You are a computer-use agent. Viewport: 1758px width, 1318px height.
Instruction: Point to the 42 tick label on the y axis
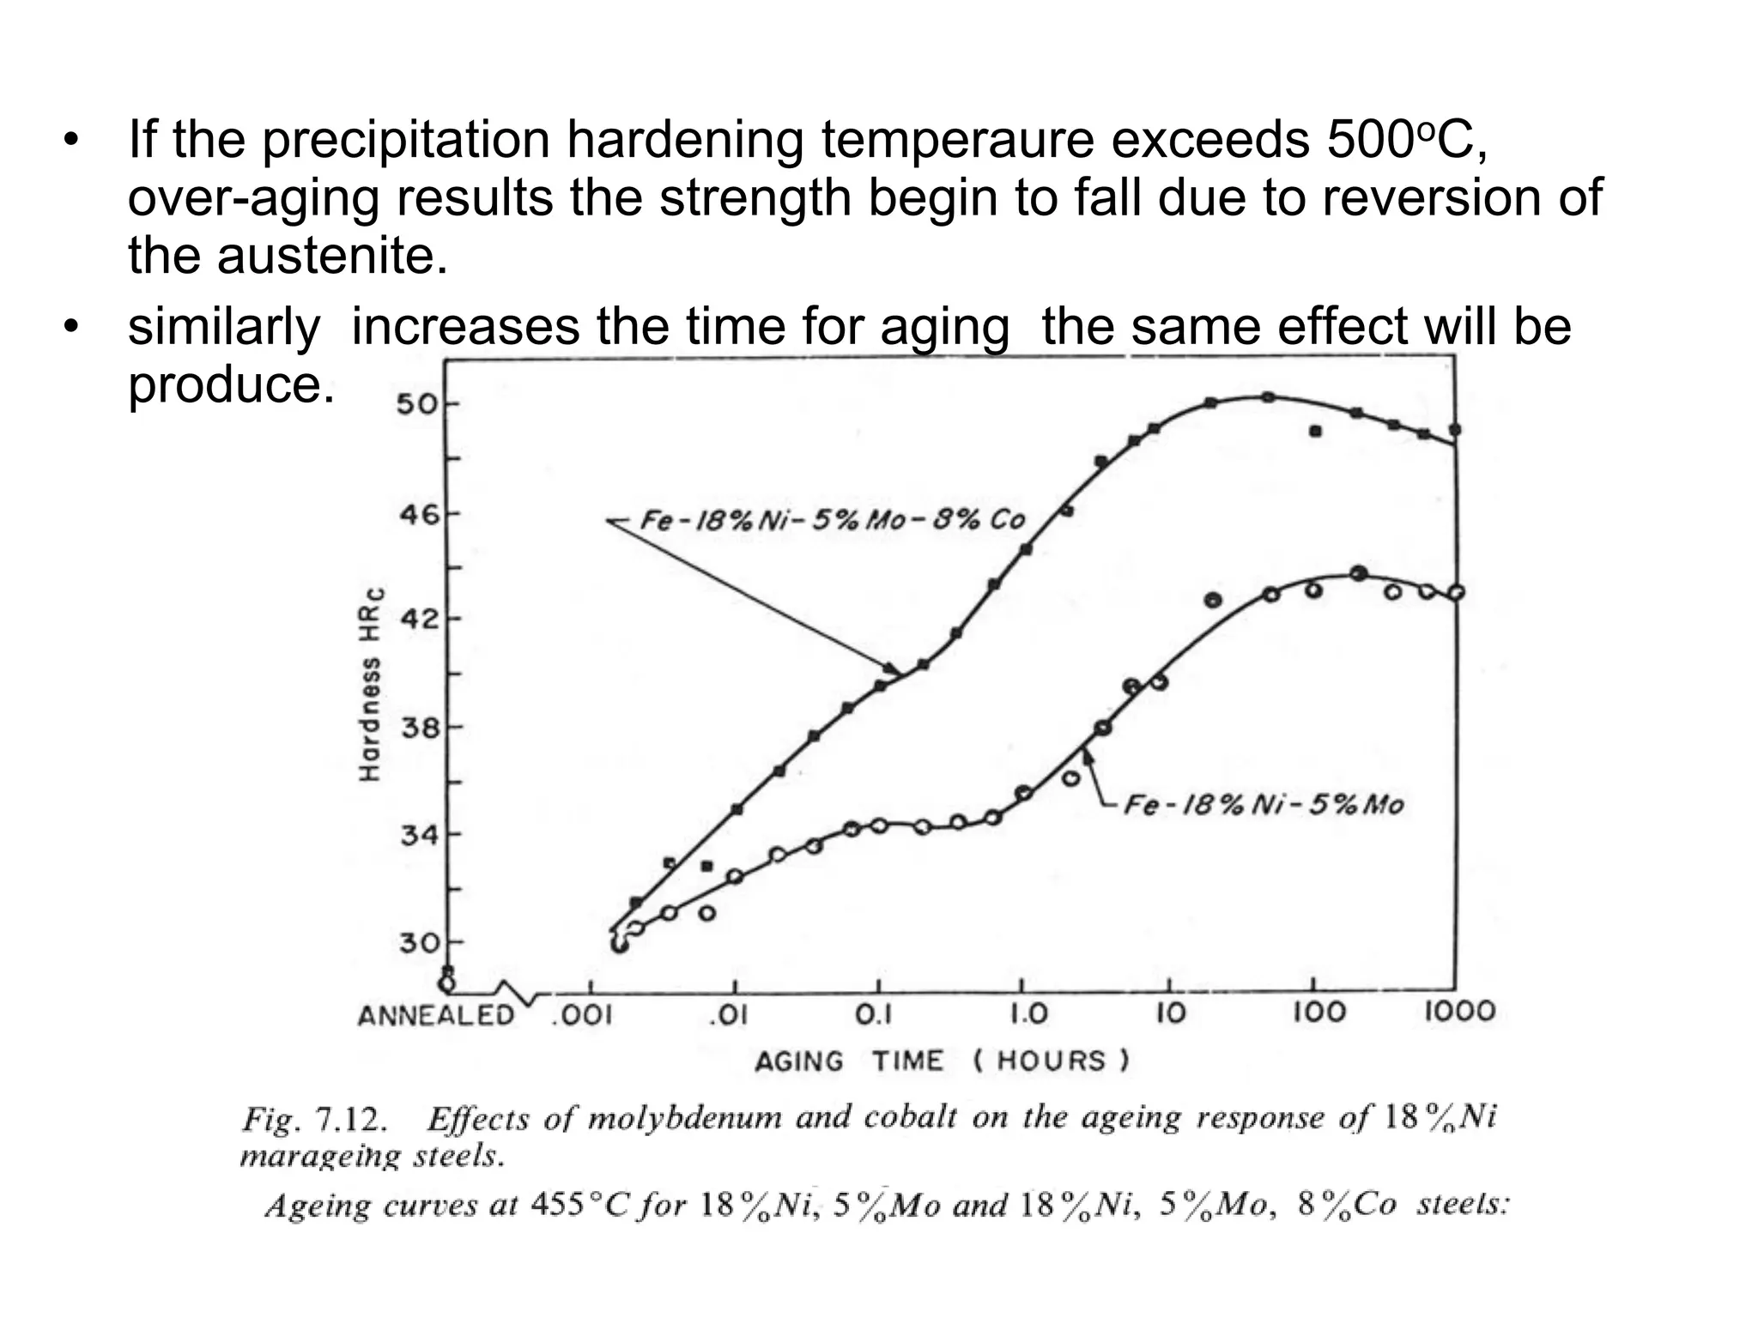(x=418, y=619)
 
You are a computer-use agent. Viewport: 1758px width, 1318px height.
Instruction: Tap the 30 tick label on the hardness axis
(x=418, y=943)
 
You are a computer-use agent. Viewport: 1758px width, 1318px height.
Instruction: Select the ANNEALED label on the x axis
(x=435, y=1016)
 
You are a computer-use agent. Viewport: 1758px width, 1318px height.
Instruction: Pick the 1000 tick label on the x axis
(x=1460, y=1012)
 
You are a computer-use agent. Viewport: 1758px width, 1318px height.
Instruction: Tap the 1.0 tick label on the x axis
(x=1028, y=1015)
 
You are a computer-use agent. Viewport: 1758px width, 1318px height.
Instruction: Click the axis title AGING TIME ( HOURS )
(x=942, y=1061)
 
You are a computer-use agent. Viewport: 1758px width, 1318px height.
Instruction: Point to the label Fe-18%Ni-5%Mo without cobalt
(x=1264, y=805)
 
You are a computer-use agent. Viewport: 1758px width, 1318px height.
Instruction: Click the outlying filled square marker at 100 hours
(x=1315, y=432)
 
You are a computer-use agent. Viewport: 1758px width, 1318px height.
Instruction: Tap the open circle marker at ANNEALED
(x=446, y=982)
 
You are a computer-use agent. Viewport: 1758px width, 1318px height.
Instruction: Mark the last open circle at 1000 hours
(x=1456, y=592)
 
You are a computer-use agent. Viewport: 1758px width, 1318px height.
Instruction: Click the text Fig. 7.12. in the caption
(x=314, y=1120)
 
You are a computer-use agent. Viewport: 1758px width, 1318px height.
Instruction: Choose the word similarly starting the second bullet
(x=224, y=327)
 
